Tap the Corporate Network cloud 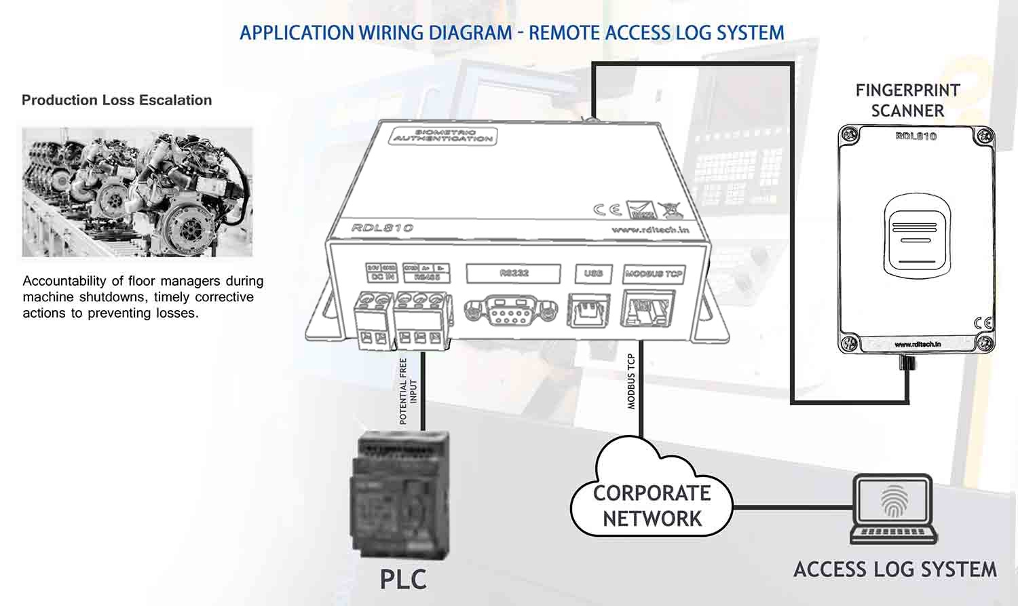(x=652, y=499)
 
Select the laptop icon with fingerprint (x=894, y=510)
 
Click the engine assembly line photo (x=137, y=192)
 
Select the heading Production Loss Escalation (x=117, y=100)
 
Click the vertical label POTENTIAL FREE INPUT (x=409, y=392)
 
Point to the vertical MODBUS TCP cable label (x=631, y=381)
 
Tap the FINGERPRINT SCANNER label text (x=907, y=100)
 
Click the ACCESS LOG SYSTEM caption (x=895, y=569)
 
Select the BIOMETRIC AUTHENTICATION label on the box (x=444, y=136)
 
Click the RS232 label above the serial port (x=513, y=273)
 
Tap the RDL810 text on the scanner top (x=916, y=136)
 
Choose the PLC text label (x=403, y=580)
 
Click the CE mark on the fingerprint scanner (x=982, y=323)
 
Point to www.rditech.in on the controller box (x=650, y=230)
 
